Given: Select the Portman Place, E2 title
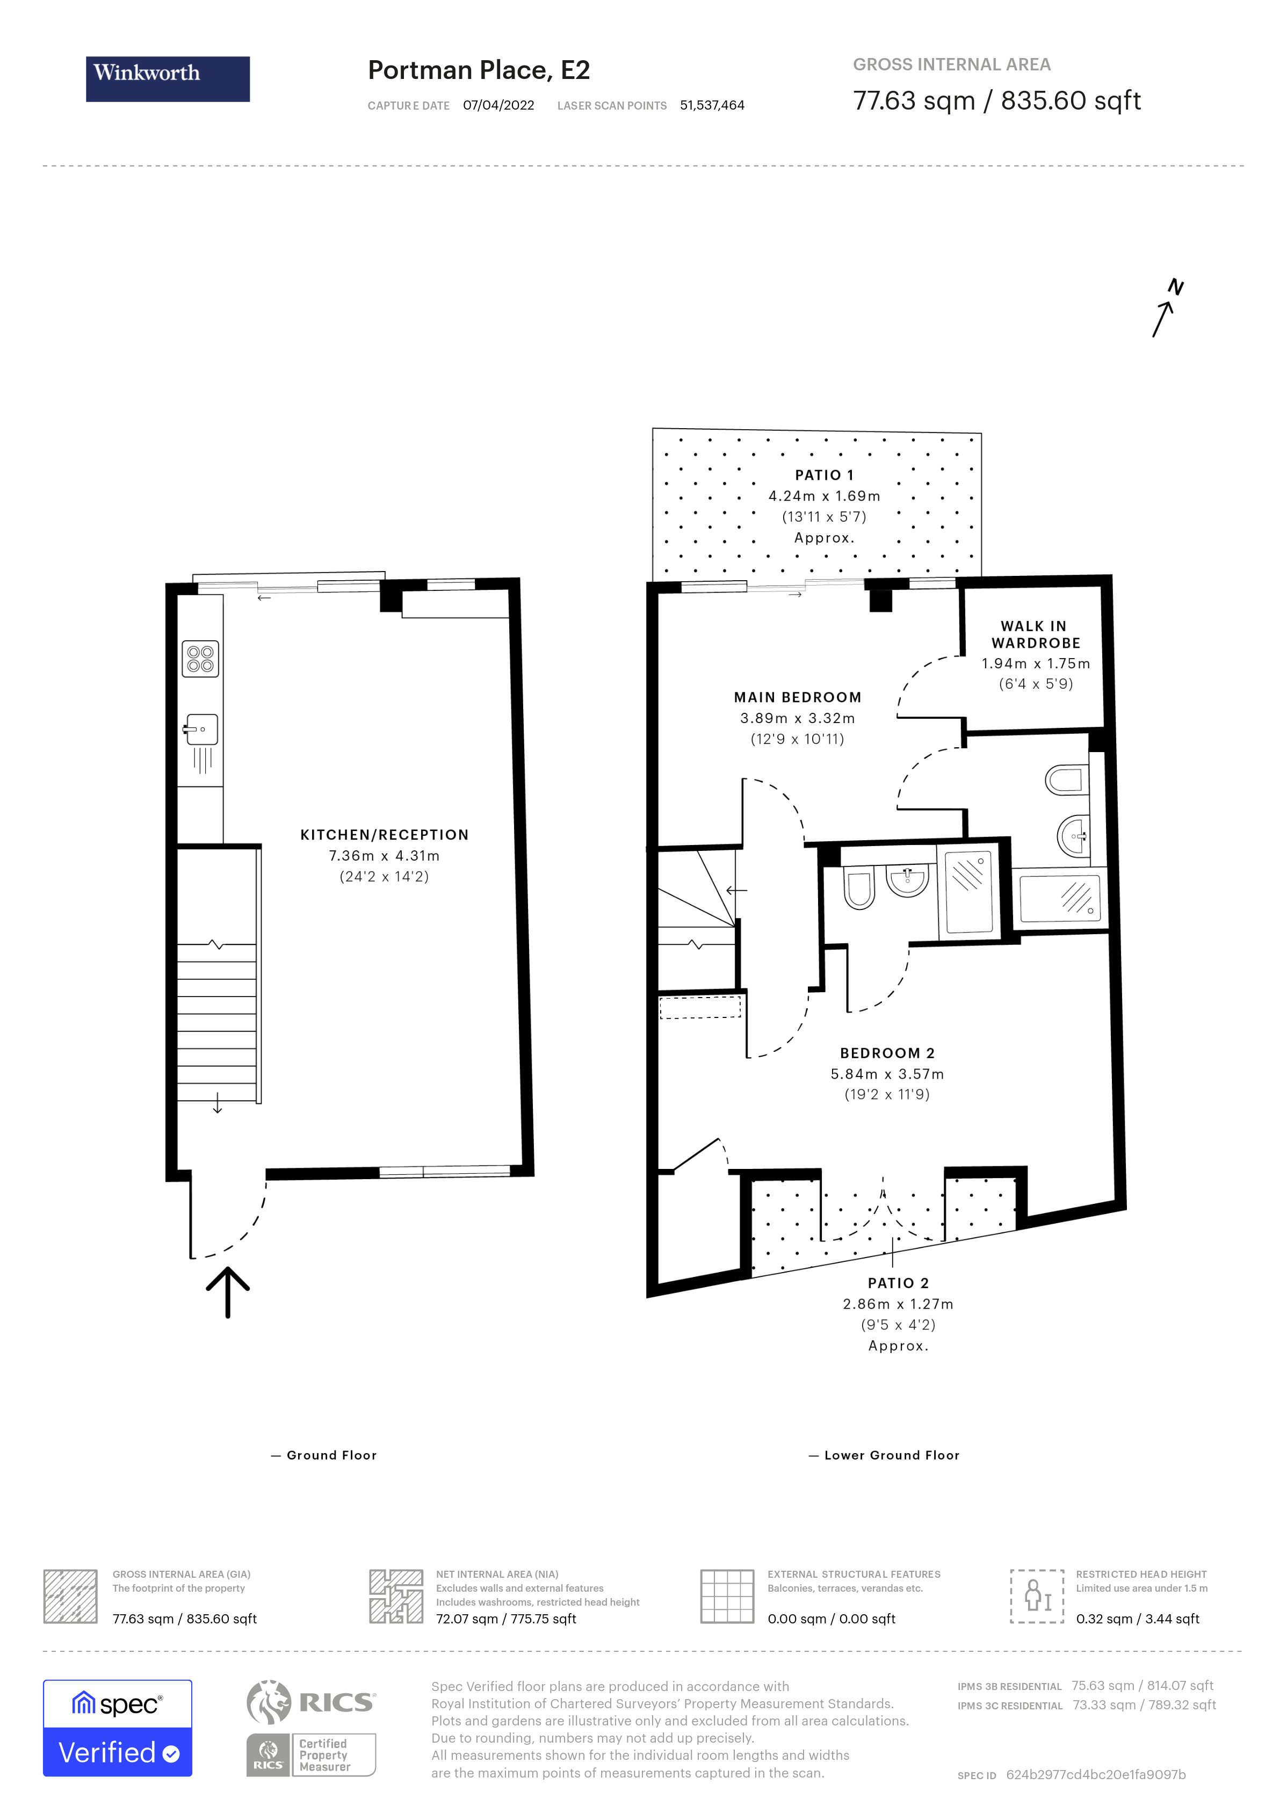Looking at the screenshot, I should pyautogui.click(x=479, y=70).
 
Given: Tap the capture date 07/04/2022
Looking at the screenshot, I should pyautogui.click(x=498, y=105).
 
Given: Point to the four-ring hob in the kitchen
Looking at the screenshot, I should pyautogui.click(x=200, y=659).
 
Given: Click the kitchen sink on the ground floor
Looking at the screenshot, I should pyautogui.click(x=201, y=730).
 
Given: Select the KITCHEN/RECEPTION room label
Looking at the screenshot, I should pyautogui.click(x=385, y=835).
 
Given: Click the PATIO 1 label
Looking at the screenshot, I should pyautogui.click(x=824, y=475).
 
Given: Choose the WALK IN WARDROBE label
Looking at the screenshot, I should pyautogui.click(x=1035, y=634).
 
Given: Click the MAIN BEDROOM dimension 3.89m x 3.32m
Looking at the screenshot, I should pyautogui.click(x=797, y=718).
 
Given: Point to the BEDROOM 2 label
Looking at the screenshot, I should pyautogui.click(x=887, y=1053).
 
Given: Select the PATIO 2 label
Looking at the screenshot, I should pyautogui.click(x=898, y=1283).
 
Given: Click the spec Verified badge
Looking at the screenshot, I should pyautogui.click(x=117, y=1728).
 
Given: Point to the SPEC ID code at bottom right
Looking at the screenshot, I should pyautogui.click(x=1095, y=1775).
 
